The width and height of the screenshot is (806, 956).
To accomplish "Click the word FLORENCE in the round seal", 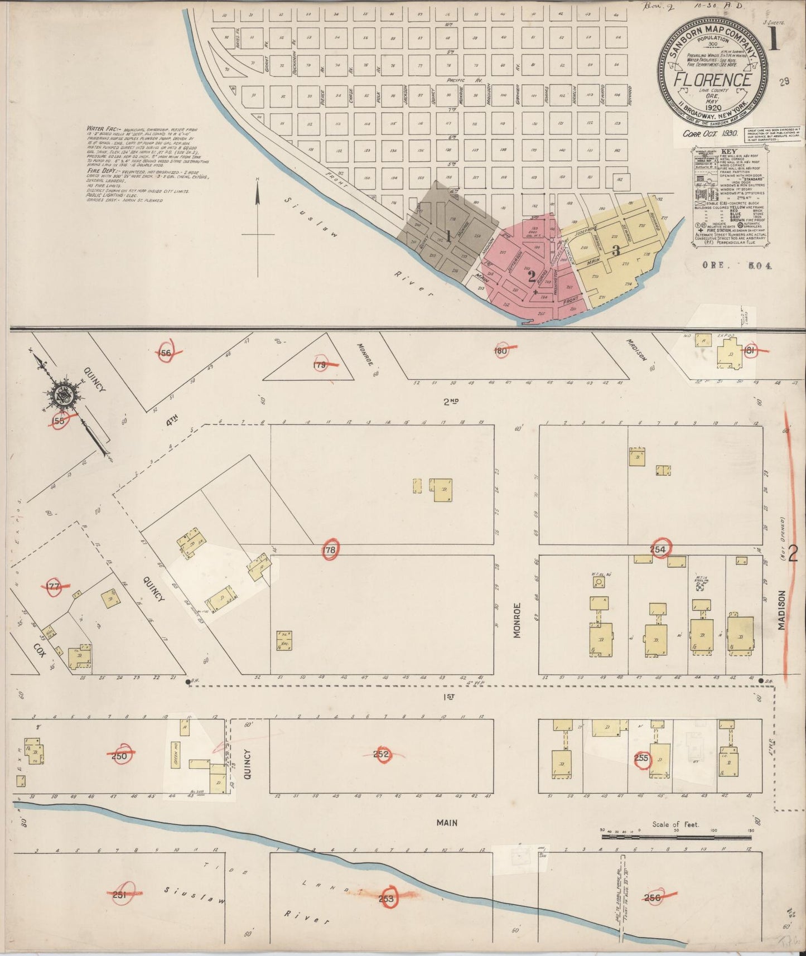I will click(712, 80).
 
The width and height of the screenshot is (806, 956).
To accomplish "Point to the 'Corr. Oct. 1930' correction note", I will click(710, 134).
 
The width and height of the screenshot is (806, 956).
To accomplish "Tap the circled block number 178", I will click(330, 551).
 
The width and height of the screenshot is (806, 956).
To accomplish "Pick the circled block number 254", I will click(659, 549).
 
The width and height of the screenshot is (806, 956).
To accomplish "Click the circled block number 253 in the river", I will click(386, 899).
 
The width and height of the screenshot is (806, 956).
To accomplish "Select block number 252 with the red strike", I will click(381, 755).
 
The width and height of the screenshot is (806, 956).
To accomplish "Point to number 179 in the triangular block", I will click(320, 365).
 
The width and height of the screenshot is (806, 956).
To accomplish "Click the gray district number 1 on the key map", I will click(447, 235).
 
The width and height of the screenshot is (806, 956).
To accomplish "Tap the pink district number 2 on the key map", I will click(532, 274).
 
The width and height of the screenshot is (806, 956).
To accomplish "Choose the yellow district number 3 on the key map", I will click(616, 250).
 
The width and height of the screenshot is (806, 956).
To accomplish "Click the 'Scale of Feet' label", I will click(675, 824).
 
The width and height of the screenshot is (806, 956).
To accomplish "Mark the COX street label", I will click(38, 649).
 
